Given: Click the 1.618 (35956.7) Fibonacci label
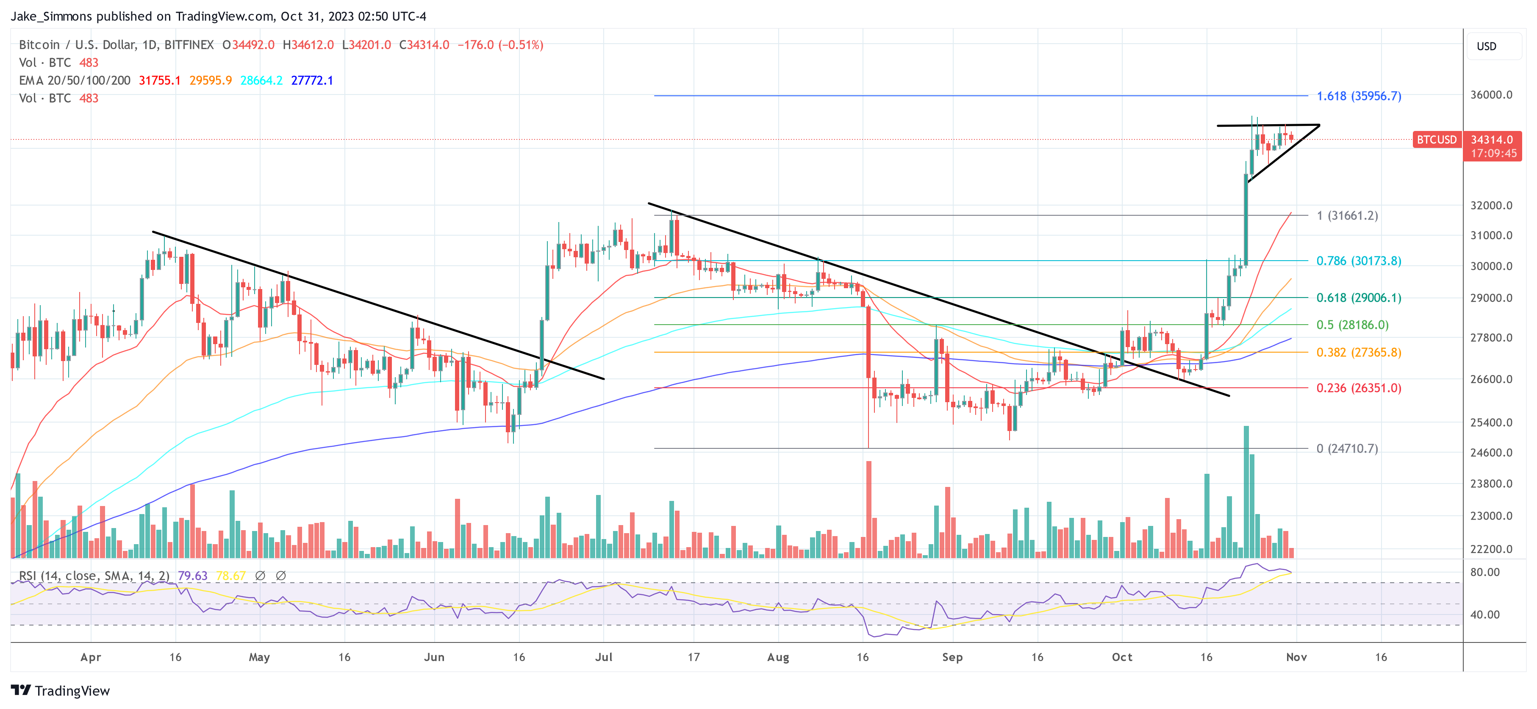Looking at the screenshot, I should (1359, 96).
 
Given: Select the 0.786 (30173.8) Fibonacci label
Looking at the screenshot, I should (1359, 261).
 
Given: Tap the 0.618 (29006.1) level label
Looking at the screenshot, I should (1359, 298).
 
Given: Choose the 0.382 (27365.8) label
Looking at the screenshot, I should (1359, 353).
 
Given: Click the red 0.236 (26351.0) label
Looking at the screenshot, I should (1359, 388).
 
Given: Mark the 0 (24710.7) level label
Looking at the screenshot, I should (1347, 449).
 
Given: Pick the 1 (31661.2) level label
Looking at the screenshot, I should (1347, 215).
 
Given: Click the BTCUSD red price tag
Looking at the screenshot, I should (1436, 140).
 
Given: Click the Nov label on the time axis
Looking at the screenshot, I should (1296, 657).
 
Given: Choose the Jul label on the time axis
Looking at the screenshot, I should (603, 657).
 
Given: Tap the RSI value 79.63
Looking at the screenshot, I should (192, 576).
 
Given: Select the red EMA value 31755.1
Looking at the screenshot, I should (159, 81).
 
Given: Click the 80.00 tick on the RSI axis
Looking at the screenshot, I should (1484, 573).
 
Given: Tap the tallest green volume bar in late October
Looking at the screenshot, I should (1246, 492).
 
